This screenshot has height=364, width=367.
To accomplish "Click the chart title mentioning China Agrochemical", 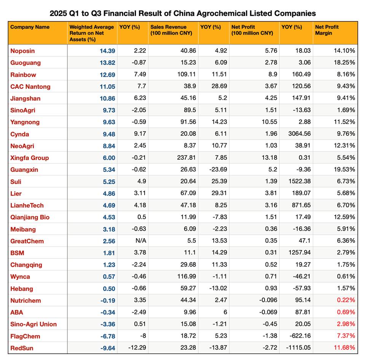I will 183,13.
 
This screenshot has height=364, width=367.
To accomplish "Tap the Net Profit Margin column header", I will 327,30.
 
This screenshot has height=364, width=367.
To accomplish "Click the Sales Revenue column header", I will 168,30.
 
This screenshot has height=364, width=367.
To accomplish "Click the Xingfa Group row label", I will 30,158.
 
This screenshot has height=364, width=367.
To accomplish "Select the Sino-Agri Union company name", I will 34,324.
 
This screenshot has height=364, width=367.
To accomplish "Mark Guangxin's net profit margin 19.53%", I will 345,170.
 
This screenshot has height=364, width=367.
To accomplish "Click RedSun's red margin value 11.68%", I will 345,348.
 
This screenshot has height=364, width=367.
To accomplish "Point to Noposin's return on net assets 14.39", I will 107,51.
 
